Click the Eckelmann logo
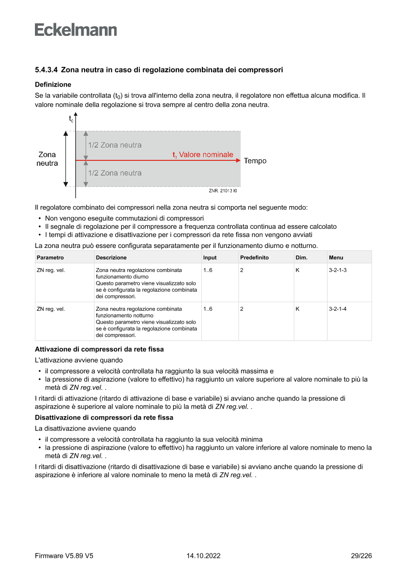click(76, 30)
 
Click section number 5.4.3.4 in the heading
click(47, 70)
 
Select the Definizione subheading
click(53, 85)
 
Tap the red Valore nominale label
click(203, 154)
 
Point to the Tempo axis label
click(255, 161)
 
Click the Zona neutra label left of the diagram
click(47, 159)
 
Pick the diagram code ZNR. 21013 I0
click(222, 190)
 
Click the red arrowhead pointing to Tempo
click(238, 160)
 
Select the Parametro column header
click(50, 257)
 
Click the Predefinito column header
click(254, 257)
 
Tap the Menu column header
click(336, 257)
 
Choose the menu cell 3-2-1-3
click(338, 270)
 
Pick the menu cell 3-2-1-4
click(338, 309)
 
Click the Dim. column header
click(301, 257)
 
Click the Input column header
click(210, 257)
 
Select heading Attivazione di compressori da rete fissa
click(99, 349)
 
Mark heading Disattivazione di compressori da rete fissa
click(104, 418)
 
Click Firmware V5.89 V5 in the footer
click(64, 556)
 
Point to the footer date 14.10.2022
click(203, 556)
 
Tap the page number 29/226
click(361, 556)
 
